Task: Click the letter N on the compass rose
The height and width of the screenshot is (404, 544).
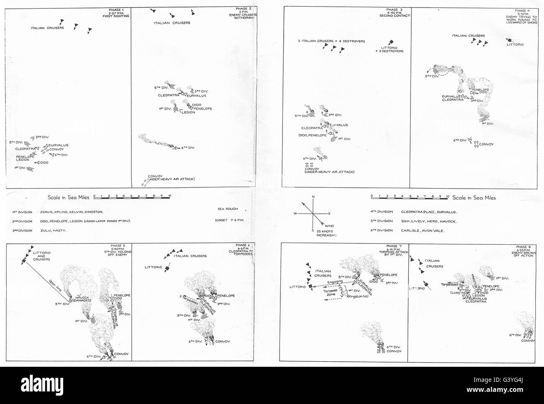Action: [x=313, y=197]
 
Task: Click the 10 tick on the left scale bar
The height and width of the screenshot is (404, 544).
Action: [x=169, y=196]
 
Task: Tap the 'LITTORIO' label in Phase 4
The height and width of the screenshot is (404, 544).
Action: [x=515, y=44]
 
